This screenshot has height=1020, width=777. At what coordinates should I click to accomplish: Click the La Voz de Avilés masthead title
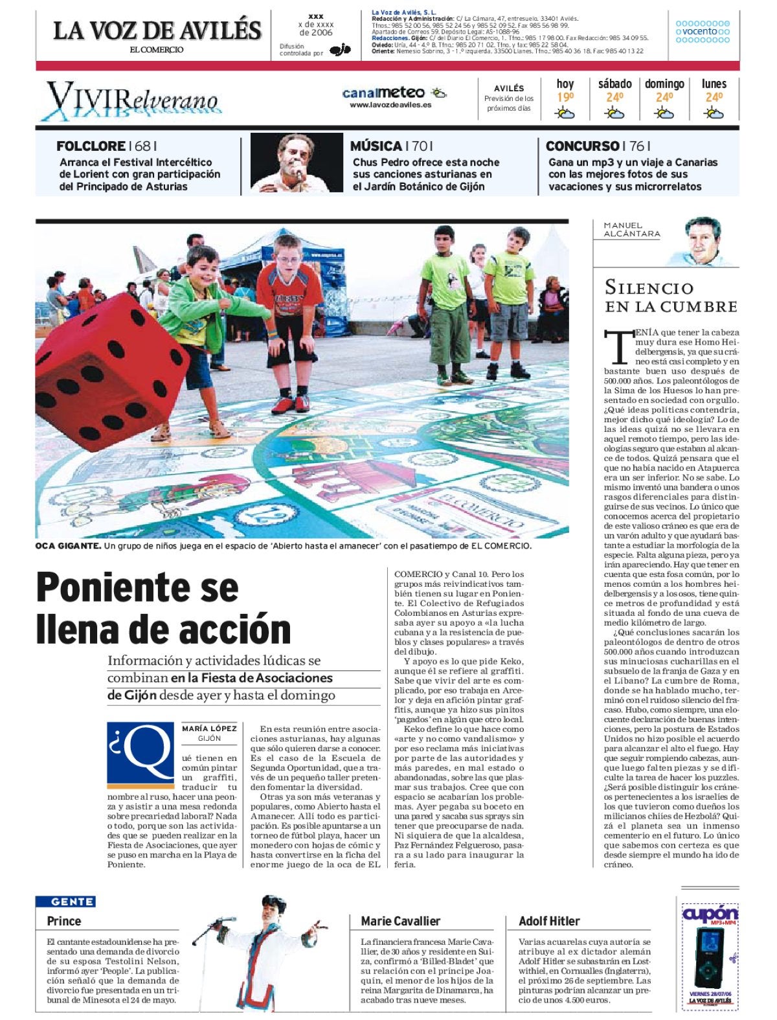point(157,30)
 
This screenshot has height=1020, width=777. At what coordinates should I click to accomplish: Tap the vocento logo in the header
point(703,31)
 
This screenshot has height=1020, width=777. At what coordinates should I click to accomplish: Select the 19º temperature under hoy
point(565,98)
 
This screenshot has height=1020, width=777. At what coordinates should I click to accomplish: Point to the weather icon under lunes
point(714,114)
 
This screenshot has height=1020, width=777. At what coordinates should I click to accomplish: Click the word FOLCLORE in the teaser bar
point(91,146)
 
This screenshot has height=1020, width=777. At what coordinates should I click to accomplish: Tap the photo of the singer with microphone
point(297,163)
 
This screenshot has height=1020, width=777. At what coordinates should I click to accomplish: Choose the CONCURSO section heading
point(581,146)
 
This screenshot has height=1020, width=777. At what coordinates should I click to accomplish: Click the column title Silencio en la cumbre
point(671,297)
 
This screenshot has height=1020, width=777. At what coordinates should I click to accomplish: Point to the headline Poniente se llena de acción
point(164,607)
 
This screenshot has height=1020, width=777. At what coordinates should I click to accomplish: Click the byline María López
point(209,729)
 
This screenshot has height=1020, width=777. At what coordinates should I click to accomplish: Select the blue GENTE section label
point(73,901)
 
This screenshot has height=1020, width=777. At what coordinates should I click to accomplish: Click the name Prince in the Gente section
point(64,921)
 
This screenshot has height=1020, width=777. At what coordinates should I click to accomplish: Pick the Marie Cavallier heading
point(400,921)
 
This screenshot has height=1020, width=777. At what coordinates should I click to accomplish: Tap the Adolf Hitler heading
point(549,921)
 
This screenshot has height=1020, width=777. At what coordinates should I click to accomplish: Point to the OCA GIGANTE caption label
point(68,546)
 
